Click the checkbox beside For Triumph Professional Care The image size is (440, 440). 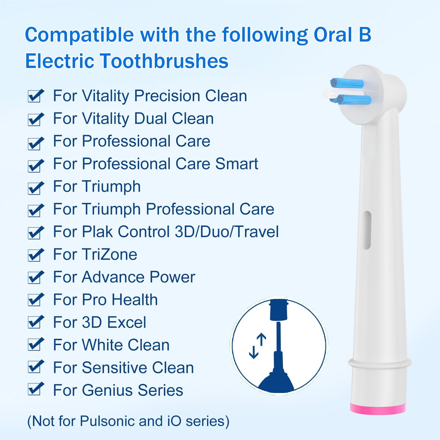point(35,210)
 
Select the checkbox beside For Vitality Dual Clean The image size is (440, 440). point(35,120)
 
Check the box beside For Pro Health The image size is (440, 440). point(35,301)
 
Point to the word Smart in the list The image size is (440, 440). point(237,164)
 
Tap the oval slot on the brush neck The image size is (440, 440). point(367,230)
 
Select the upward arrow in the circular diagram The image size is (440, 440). point(262,340)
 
